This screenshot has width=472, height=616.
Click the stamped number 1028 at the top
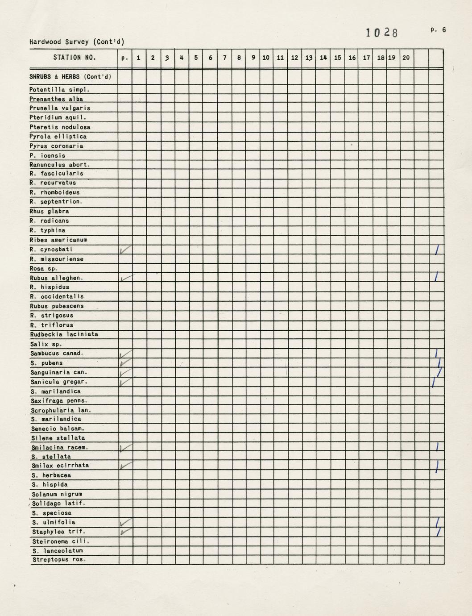point(381,33)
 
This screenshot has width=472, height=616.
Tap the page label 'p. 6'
point(438,30)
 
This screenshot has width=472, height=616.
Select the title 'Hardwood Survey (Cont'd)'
point(77,42)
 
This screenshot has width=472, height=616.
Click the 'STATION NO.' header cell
point(75,58)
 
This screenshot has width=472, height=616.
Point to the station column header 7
point(225,58)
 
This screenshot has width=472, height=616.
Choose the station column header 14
point(323,58)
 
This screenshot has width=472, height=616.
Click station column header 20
point(406,58)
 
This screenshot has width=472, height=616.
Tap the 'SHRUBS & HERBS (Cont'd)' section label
point(70,77)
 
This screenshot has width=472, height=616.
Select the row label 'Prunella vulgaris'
point(60,108)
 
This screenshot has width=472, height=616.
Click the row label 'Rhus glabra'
point(49,211)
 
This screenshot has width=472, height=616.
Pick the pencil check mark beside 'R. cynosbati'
point(125,250)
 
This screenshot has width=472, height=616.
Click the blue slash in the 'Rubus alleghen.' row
point(436,277)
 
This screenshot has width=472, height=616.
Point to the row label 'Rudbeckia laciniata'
point(64,334)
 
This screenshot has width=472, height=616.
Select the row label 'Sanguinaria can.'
point(58,372)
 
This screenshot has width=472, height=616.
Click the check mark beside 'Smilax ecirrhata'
point(125,466)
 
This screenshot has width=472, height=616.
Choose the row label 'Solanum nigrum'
point(57,494)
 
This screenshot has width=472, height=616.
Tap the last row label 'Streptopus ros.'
point(59,560)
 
